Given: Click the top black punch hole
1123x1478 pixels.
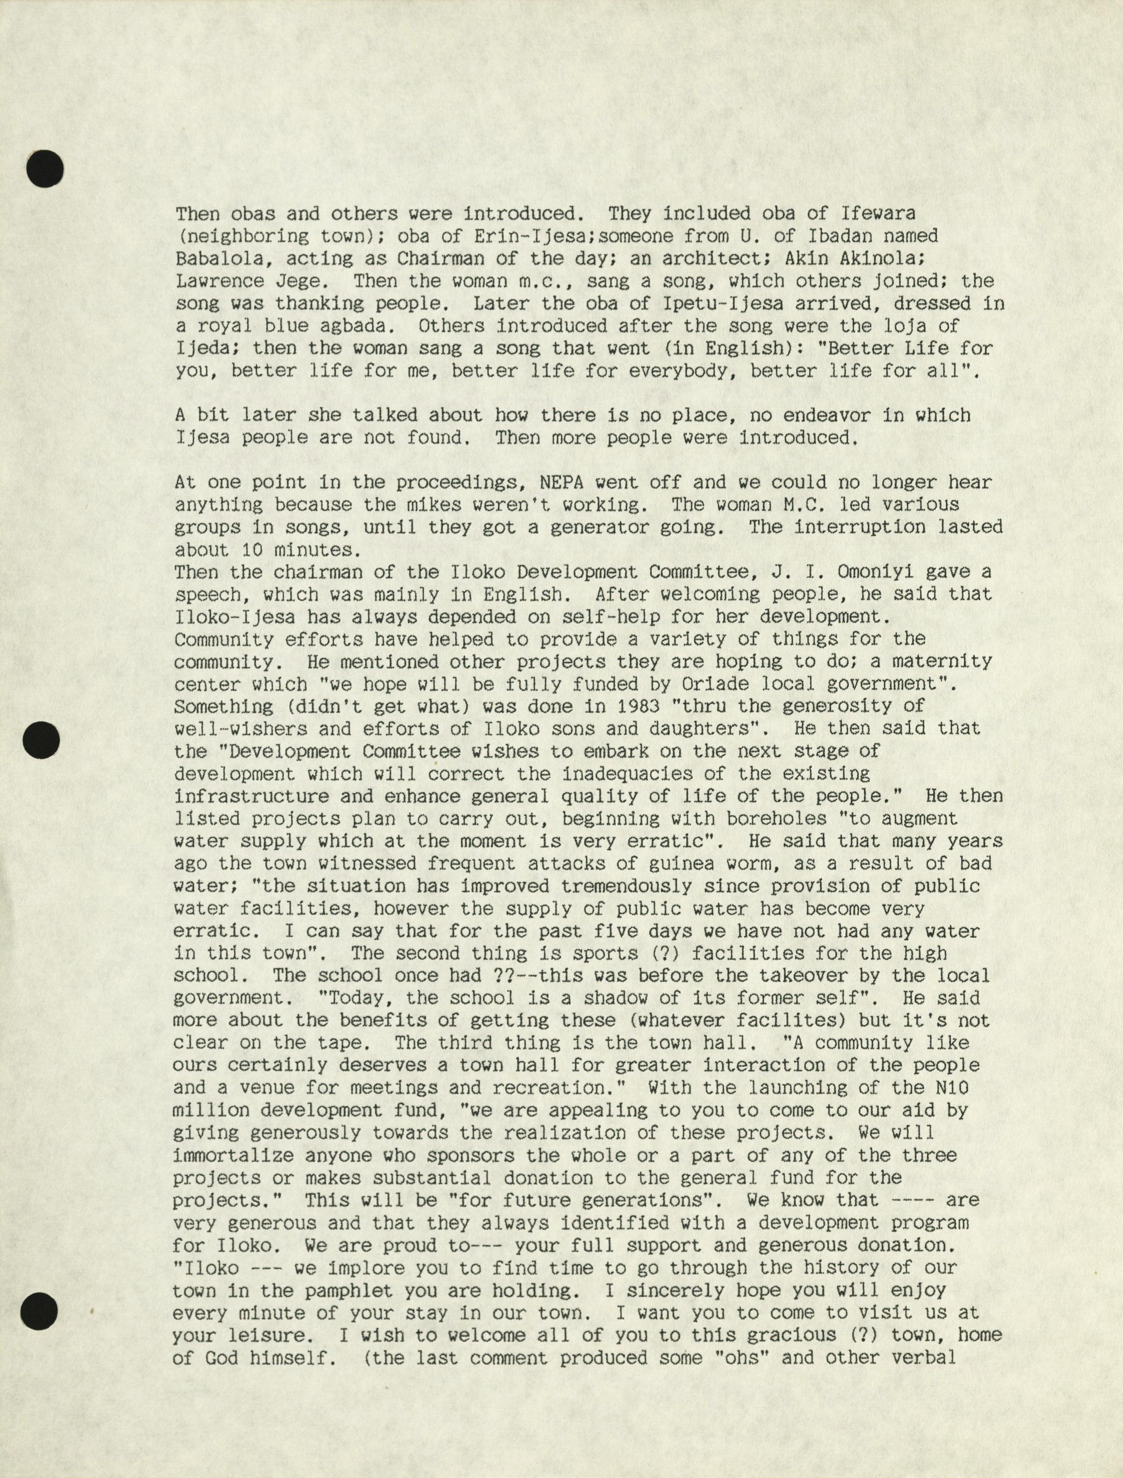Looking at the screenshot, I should (x=45, y=168).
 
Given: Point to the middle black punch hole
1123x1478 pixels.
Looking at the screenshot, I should (x=41, y=740).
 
